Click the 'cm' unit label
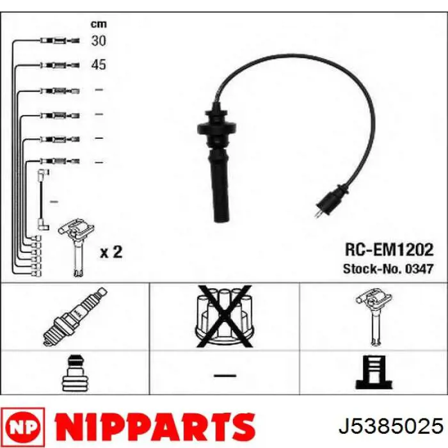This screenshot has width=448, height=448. tap(99, 24)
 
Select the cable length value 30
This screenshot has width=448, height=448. tap(99, 40)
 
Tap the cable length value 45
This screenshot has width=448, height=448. tap(99, 65)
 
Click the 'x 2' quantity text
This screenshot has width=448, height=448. tap(111, 252)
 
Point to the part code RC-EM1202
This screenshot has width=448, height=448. tap(389, 250)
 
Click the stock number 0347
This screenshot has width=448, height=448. tap(419, 269)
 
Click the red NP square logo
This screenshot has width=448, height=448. tap(23, 428)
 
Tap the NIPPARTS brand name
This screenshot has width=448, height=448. tap(155, 428)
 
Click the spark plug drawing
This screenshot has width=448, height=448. tap(75, 317)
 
